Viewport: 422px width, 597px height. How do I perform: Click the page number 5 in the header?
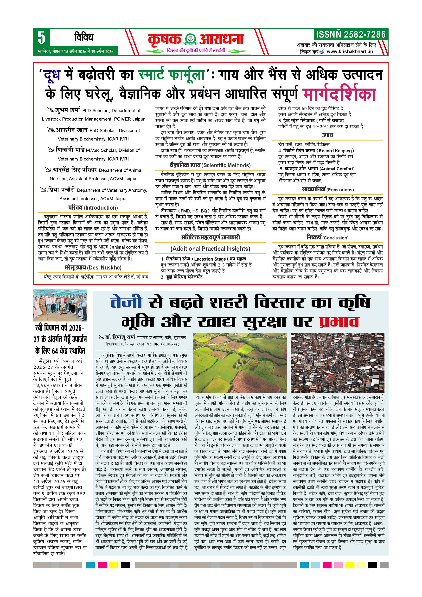click(x=41, y=38)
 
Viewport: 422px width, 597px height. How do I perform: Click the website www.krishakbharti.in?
click(x=350, y=51)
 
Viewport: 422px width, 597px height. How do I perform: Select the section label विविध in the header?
click(x=83, y=38)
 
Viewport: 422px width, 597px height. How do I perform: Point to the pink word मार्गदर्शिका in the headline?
click(x=339, y=94)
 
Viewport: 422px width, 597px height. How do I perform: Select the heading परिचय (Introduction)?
click(x=93, y=207)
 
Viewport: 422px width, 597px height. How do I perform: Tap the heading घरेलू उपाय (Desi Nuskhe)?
click(x=93, y=267)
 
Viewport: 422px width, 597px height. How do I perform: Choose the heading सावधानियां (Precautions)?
click(x=328, y=189)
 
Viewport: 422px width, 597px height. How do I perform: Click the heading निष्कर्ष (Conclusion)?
click(x=327, y=238)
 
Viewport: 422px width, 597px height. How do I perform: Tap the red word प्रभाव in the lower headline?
click(x=339, y=322)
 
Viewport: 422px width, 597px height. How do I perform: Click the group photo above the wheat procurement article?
click(x=60, y=305)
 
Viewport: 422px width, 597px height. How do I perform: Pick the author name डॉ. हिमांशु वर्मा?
click(x=120, y=338)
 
